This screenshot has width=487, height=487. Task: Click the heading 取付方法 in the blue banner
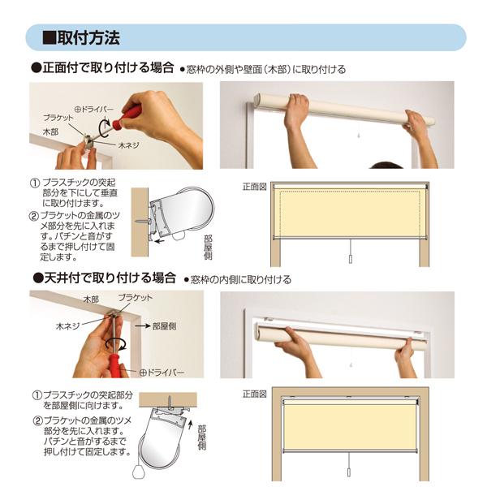tap(88, 37)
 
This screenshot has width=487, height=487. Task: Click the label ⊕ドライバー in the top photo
tap(94, 110)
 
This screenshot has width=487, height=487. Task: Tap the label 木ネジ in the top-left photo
tap(128, 145)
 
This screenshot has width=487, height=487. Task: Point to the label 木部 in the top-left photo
tap(50, 132)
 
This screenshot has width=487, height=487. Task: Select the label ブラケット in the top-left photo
tap(58, 118)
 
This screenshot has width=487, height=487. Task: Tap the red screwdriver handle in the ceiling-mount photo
tap(114, 365)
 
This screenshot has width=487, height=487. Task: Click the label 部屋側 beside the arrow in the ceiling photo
tap(164, 326)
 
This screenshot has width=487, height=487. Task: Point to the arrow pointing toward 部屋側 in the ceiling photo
tap(142, 326)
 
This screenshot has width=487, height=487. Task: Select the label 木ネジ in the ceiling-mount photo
tap(67, 326)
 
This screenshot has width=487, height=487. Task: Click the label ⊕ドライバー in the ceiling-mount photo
tap(162, 372)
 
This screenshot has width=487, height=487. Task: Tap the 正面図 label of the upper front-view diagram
tap(255, 187)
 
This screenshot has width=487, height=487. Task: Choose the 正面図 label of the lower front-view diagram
tap(255, 394)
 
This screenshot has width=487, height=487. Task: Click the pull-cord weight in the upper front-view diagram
tap(351, 259)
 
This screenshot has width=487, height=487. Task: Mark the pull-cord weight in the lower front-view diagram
tap(349, 472)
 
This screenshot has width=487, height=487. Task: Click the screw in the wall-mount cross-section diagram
tap(143, 222)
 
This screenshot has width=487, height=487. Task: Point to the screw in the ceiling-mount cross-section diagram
tap(170, 400)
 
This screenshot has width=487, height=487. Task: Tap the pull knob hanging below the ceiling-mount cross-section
tap(138, 472)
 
